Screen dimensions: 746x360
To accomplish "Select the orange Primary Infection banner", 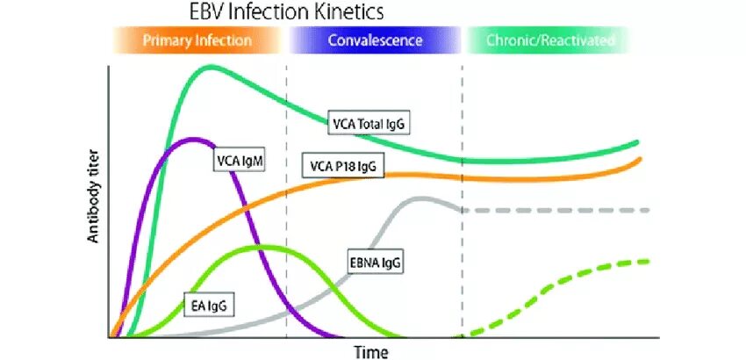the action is point(197,40).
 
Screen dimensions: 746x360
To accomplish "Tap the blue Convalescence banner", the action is point(375,40).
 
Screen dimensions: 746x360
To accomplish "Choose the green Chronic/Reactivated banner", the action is point(550,40).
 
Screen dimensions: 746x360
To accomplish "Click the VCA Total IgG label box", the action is point(369,123).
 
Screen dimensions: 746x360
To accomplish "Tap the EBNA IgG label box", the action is point(375,262).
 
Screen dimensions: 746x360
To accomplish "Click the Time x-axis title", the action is point(370,351).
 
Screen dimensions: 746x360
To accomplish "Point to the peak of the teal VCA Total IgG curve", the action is point(211,66).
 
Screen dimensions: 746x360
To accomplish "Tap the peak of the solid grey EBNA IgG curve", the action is point(421,198).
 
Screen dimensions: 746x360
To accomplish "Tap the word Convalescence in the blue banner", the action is point(375,40).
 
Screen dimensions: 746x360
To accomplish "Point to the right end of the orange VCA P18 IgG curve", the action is point(640,159).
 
